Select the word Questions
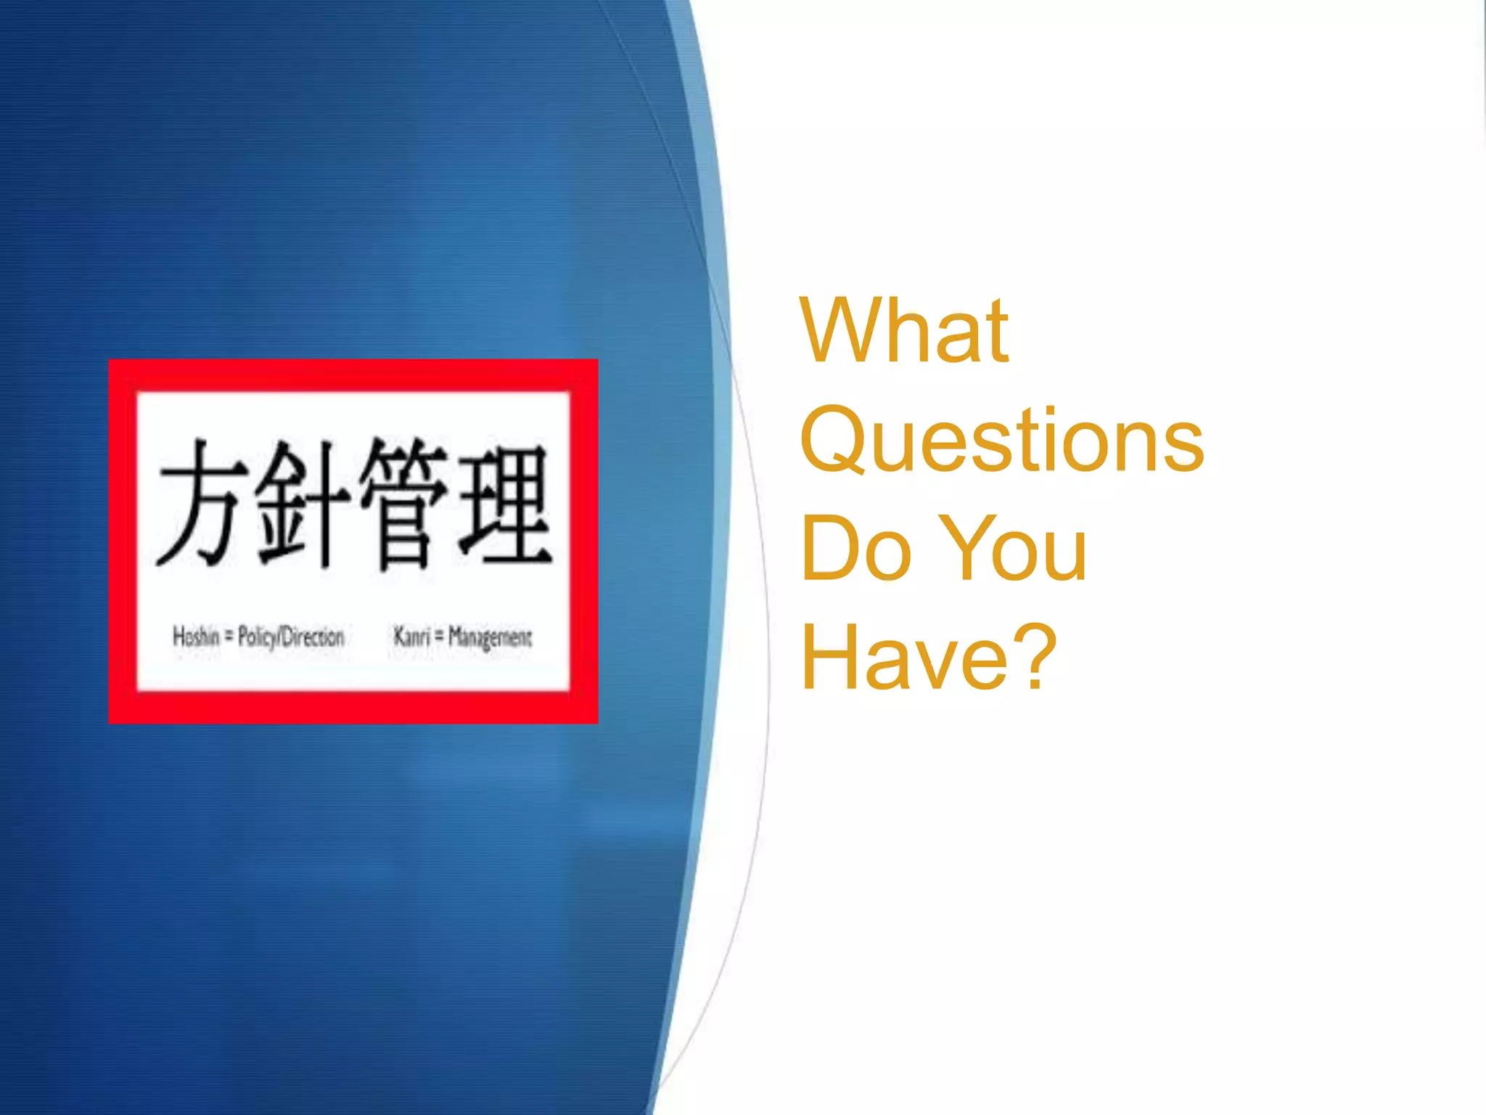[x=1001, y=441]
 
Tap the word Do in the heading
[x=856, y=549]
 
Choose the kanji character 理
[x=505, y=504]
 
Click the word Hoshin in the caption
[x=196, y=637]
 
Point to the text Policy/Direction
[x=291, y=637]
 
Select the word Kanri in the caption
[x=411, y=637]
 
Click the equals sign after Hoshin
[x=229, y=637]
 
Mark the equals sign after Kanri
[x=438, y=637]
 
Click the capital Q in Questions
[x=834, y=441]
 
